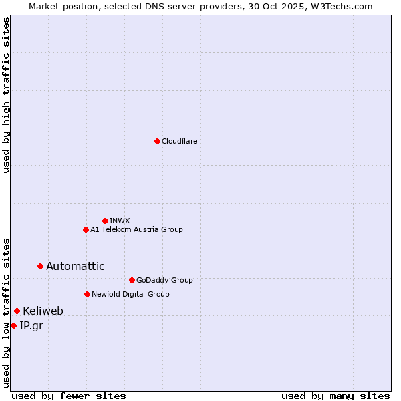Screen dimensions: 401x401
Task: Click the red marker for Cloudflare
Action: click(x=157, y=141)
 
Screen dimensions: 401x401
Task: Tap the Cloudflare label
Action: click(x=179, y=141)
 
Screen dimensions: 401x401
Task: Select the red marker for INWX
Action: click(x=105, y=221)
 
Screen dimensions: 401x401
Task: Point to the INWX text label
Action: click(x=120, y=221)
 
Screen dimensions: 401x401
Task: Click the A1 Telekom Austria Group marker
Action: click(x=86, y=229)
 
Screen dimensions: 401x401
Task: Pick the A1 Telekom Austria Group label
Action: click(x=136, y=229)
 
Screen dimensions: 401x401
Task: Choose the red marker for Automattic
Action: click(x=40, y=266)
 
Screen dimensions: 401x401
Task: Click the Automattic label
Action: click(x=75, y=266)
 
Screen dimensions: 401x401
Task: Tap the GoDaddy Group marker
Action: click(x=132, y=280)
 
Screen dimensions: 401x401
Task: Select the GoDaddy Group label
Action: click(x=164, y=280)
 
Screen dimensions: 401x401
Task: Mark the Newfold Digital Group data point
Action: click(x=87, y=294)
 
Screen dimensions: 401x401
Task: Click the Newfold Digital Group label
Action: click(x=130, y=294)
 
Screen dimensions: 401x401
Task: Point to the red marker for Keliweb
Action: click(x=17, y=311)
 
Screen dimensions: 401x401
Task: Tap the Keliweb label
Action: click(x=43, y=311)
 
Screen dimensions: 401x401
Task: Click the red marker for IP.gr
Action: click(x=13, y=325)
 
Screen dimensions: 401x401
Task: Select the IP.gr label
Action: click(x=31, y=325)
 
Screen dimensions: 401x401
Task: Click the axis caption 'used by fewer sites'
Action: click(x=69, y=396)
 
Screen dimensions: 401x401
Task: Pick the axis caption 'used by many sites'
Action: click(x=336, y=396)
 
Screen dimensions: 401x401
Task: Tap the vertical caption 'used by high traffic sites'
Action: click(x=6, y=95)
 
